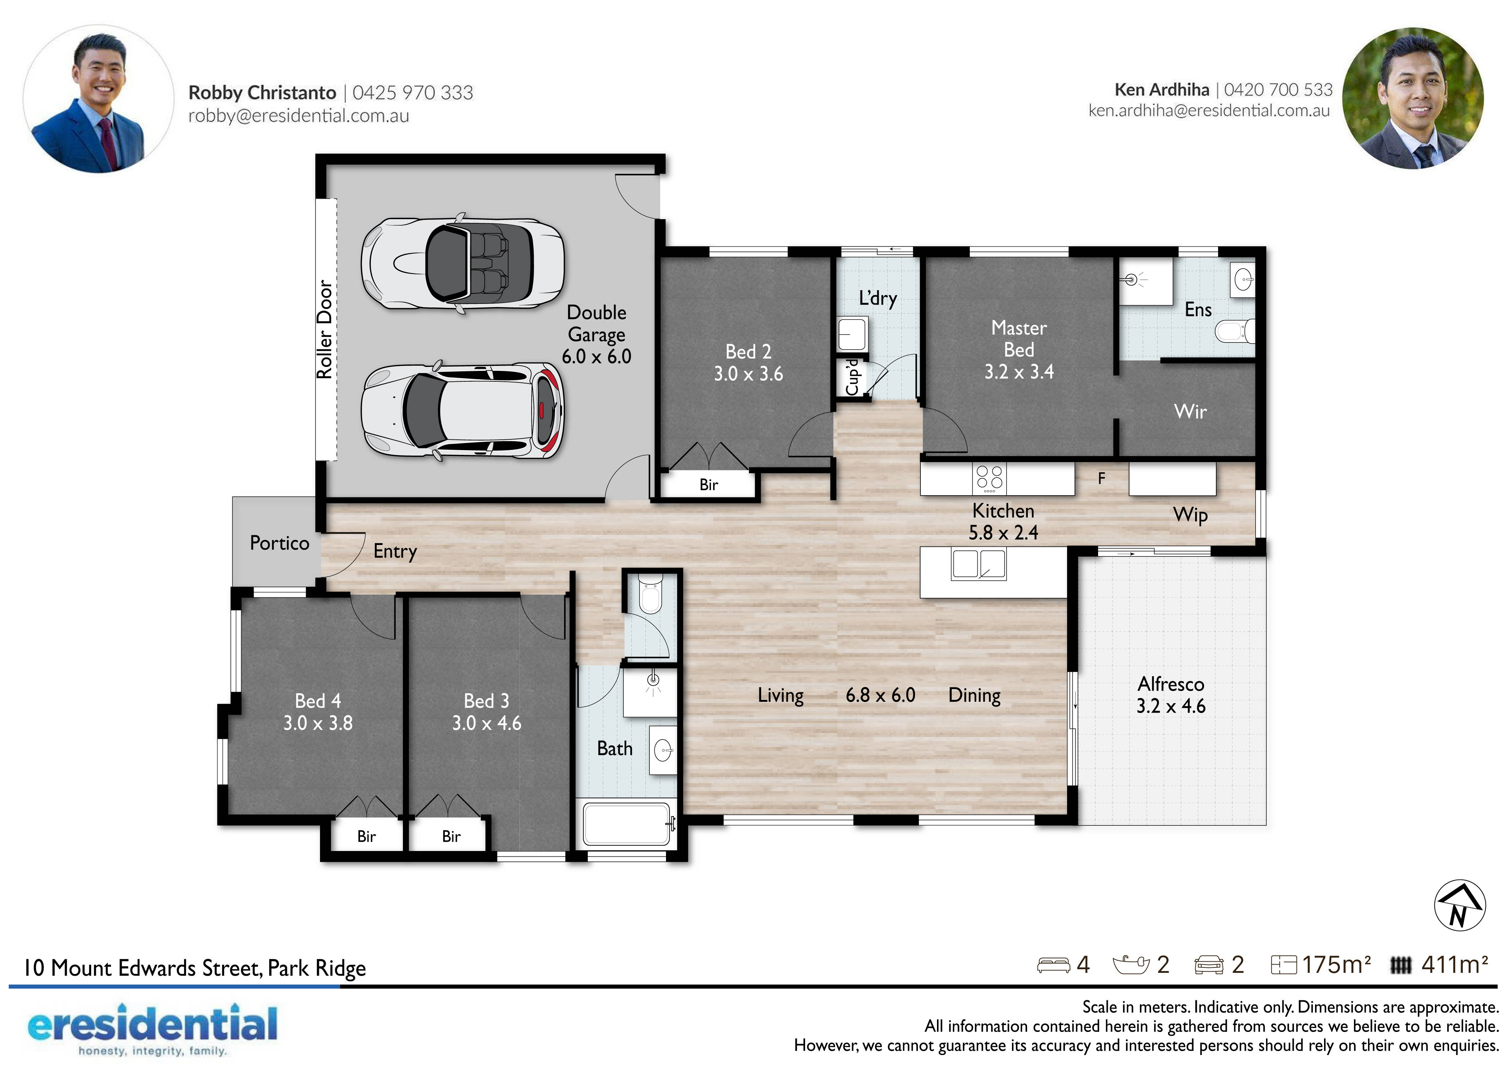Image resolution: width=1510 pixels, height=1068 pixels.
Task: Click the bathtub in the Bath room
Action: coord(627,823)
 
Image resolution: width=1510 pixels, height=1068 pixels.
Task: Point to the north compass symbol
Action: coord(1459,905)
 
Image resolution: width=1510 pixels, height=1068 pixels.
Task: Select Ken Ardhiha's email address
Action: coord(1209,111)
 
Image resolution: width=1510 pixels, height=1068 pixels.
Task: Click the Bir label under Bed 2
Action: coord(708,485)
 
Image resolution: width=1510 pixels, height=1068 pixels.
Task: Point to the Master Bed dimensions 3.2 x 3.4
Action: coord(1019,372)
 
